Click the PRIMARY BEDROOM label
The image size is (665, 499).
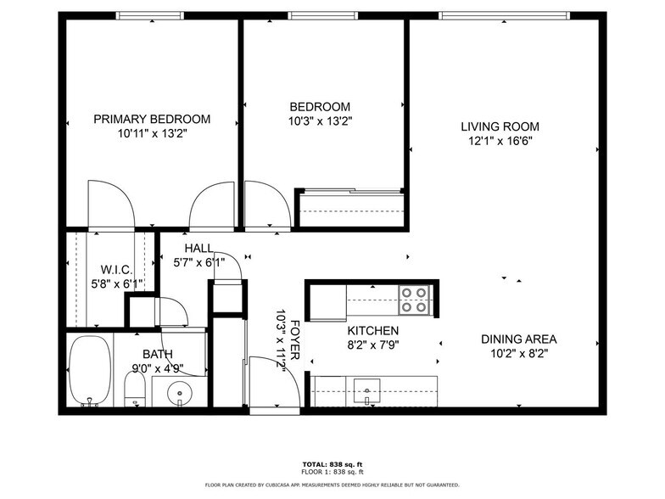[152, 120]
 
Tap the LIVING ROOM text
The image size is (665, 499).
[500, 126]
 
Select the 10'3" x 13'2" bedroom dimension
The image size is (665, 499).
[320, 121]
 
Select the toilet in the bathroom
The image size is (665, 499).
[135, 390]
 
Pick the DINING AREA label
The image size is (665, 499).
[518, 339]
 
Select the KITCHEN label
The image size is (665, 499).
[373, 330]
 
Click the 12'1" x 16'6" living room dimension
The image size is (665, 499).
[500, 142]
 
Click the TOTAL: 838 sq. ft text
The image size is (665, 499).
[332, 464]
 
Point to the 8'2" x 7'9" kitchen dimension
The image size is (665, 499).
[373, 345]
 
